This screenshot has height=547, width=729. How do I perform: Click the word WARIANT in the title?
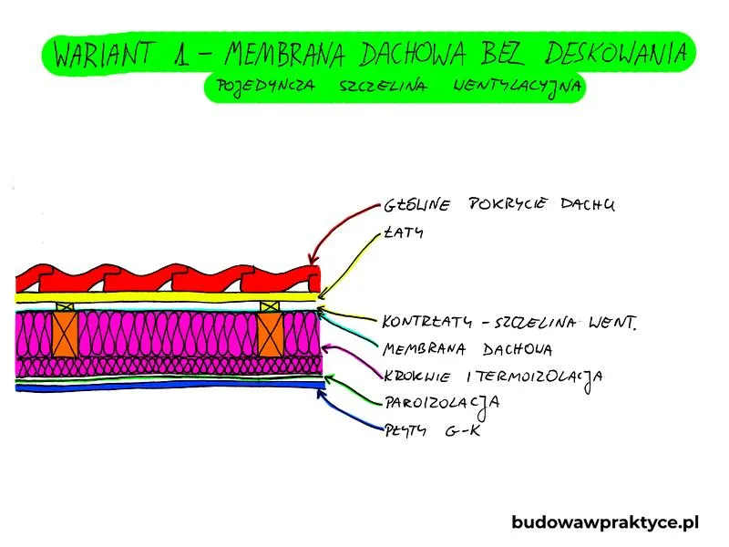(x=104, y=54)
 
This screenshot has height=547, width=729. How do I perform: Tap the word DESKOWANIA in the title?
(x=616, y=52)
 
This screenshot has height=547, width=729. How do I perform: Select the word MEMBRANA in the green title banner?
(x=285, y=54)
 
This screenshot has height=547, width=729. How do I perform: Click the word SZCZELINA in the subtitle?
(x=382, y=86)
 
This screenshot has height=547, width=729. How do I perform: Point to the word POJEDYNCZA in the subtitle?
(x=265, y=87)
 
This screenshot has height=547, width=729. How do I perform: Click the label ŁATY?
(x=404, y=232)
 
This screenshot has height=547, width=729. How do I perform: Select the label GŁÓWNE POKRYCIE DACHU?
(x=498, y=204)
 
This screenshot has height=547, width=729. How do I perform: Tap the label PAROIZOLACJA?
(x=442, y=404)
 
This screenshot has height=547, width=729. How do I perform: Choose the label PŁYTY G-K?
(x=432, y=430)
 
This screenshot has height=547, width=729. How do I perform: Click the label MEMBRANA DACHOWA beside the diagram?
(x=467, y=349)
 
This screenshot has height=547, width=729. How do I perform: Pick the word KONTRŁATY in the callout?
(x=426, y=322)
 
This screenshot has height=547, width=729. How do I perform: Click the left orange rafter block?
(x=65, y=334)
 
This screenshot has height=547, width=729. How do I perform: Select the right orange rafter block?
(x=271, y=334)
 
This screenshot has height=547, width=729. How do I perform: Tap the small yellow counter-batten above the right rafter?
(x=270, y=306)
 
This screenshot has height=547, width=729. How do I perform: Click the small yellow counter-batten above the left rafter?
(x=65, y=306)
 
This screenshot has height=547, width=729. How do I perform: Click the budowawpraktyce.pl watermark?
(x=605, y=522)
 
